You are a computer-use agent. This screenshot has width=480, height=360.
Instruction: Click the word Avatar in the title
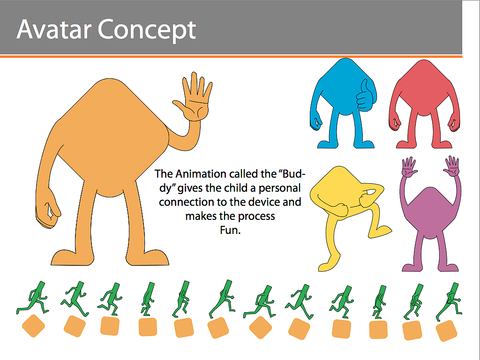tap(54, 30)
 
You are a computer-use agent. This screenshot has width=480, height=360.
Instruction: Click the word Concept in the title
tap(147, 30)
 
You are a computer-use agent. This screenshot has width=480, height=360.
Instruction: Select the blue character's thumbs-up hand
tap(365, 96)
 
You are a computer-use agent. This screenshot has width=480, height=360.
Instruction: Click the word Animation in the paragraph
tap(201, 174)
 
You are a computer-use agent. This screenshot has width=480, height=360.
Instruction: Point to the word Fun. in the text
tap(230, 230)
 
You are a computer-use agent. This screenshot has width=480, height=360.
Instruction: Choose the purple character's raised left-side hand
tap(409, 167)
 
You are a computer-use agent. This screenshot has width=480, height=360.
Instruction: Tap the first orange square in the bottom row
tap(33, 326)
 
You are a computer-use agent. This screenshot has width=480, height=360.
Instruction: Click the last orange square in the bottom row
tap(446, 330)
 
